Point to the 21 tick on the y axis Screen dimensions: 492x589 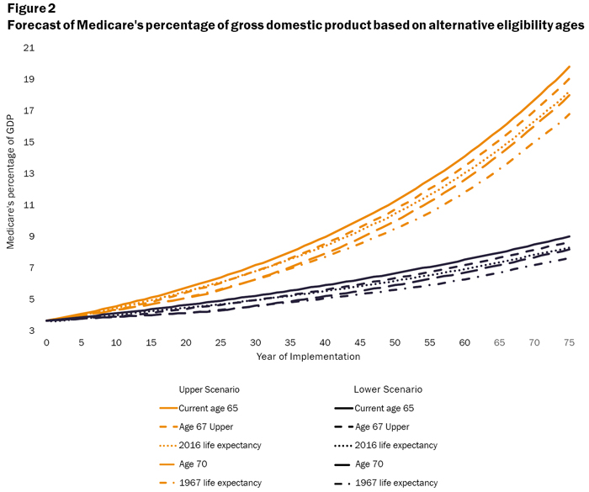pos(29,49)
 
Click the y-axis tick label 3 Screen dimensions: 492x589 pos(31,331)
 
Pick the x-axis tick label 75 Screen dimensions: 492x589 pos(569,343)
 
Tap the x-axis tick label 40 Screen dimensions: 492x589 pos(325,343)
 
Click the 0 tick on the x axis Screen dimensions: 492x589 pos(46,343)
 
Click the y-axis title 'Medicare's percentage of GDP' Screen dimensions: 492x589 pos(11,189)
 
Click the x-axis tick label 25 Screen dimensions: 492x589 pos(220,343)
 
